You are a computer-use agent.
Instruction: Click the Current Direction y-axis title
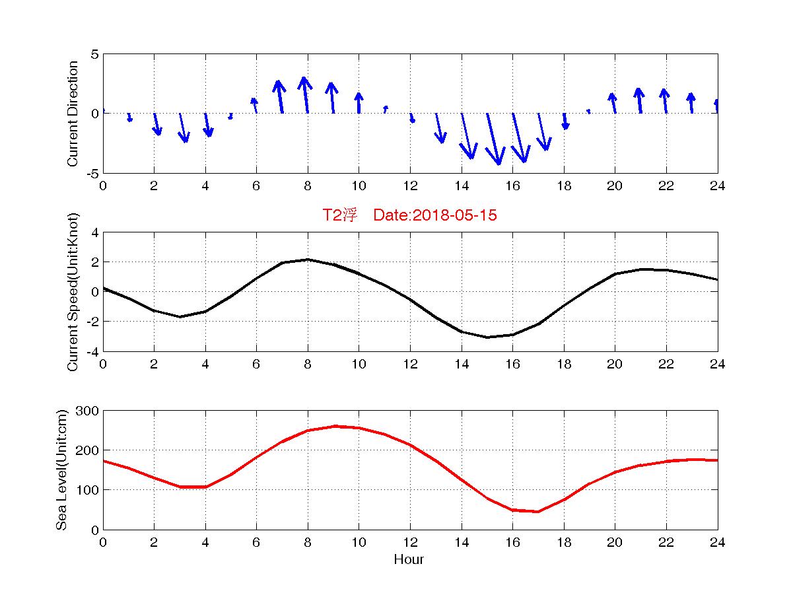pyautogui.click(x=73, y=114)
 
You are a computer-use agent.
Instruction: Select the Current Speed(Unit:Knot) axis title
pyautogui.click(x=73, y=292)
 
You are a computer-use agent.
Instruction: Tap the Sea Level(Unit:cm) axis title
pyautogui.click(x=62, y=470)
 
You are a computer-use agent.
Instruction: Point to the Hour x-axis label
pyautogui.click(x=409, y=560)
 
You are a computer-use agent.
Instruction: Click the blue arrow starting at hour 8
pyautogui.click(x=305, y=95)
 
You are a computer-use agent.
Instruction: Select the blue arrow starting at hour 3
pyautogui.click(x=184, y=127)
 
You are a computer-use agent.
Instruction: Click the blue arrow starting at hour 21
pyautogui.click(x=639, y=100)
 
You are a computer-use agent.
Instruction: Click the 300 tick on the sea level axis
pyautogui.click(x=88, y=411)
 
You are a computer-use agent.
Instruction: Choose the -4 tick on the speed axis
pyautogui.click(x=92, y=351)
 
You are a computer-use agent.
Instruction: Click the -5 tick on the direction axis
pyautogui.click(x=92, y=173)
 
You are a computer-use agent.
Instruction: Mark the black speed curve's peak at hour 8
pyautogui.click(x=308, y=260)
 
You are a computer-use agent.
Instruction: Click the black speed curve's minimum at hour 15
pyautogui.click(x=487, y=337)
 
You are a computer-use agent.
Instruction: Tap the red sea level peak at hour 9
pyautogui.click(x=333, y=426)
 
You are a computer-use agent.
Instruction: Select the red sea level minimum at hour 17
pyautogui.click(x=538, y=511)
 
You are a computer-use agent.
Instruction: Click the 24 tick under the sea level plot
pyautogui.click(x=718, y=542)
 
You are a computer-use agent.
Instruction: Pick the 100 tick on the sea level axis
pyautogui.click(x=88, y=490)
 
